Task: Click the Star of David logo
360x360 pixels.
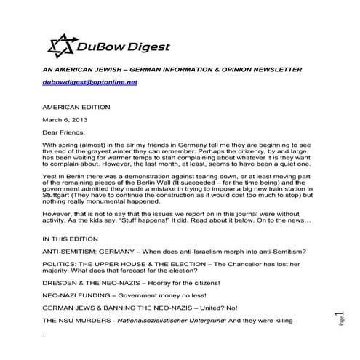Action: pos(61,45)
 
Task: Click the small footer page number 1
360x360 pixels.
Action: pos(44,335)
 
